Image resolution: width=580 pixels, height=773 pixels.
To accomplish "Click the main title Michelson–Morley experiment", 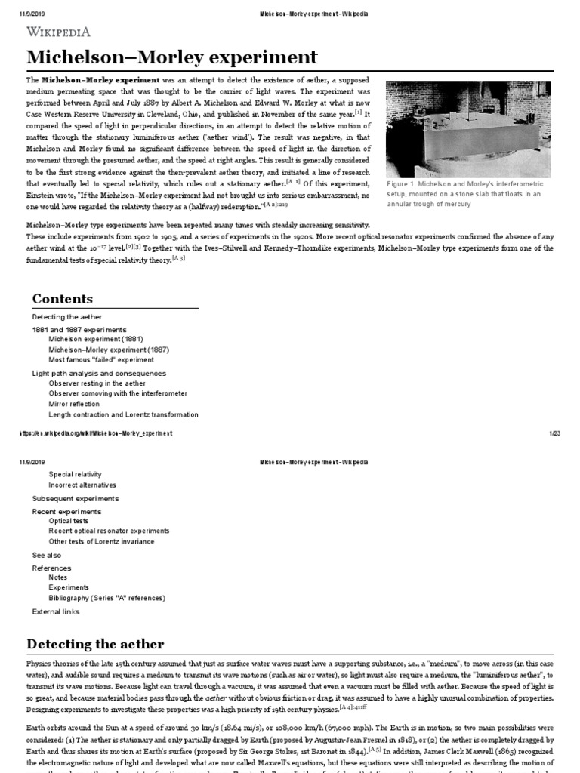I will coord(172,58).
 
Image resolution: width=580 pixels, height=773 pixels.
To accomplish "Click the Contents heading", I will coord(62,299).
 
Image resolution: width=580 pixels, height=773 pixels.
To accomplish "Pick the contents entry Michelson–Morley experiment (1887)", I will coord(109,350).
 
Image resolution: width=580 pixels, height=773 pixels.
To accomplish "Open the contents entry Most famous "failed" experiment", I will coord(101,360).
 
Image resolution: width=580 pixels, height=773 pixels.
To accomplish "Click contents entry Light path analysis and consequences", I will coord(99,373).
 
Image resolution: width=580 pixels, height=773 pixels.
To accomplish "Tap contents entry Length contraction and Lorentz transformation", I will coord(123,414).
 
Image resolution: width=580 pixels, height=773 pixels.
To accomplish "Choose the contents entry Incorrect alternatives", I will coord(82,485).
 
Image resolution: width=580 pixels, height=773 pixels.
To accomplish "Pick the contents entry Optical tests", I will coord(69,521).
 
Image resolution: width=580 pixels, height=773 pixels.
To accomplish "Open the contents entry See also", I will coord(47,555).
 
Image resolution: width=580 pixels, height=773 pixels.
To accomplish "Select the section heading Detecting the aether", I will coord(95,644).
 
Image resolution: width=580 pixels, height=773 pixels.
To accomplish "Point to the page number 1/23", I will coord(554,433).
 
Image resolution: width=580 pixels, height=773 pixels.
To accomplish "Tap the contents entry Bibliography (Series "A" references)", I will coord(106,598).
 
